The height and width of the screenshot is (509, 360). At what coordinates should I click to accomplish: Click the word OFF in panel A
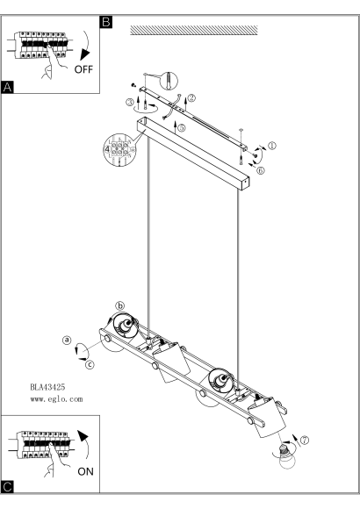(x=83, y=69)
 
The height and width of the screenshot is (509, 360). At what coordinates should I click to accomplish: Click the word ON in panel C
(x=85, y=471)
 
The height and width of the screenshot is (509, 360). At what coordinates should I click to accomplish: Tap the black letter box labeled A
(x=8, y=88)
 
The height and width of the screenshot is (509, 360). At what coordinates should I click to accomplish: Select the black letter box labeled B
(x=106, y=22)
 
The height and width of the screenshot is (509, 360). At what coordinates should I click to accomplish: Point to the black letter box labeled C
(x=8, y=487)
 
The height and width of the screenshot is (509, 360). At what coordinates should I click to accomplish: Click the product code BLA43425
(x=47, y=387)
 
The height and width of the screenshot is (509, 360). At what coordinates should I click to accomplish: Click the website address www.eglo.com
(x=56, y=399)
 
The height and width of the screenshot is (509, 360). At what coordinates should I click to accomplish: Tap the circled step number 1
(x=272, y=146)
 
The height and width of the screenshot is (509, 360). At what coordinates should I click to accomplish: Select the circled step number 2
(x=191, y=97)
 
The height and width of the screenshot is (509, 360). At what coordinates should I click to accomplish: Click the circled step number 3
(x=130, y=103)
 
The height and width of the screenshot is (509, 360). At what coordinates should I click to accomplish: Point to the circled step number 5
(x=181, y=127)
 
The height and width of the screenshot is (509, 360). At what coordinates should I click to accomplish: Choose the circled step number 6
(x=261, y=170)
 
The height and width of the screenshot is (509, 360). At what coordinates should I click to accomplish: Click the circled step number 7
(x=305, y=441)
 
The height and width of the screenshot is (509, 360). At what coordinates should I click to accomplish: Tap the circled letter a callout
(x=67, y=340)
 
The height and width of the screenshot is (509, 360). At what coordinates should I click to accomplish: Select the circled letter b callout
(x=120, y=305)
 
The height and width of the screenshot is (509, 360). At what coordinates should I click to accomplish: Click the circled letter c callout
(x=90, y=364)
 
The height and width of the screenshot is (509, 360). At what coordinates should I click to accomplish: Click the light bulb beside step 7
(x=287, y=457)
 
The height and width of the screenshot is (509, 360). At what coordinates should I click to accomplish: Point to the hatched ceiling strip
(x=194, y=30)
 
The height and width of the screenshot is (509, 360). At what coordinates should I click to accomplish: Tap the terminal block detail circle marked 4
(x=119, y=150)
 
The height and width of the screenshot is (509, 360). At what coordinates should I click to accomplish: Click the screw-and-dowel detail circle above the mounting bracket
(x=169, y=81)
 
